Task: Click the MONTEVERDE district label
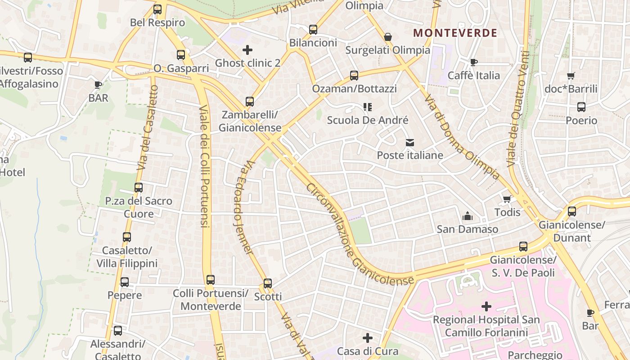point(455,33)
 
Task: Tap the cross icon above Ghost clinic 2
point(247,50)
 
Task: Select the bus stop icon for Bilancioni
point(313,30)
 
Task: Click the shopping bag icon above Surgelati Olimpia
point(388,37)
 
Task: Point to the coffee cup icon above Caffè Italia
point(473,62)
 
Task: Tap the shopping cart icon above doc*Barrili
point(571,76)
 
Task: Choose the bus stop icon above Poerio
point(581,107)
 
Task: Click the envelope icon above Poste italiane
point(410,143)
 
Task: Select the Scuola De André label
point(368,120)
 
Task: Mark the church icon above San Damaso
point(468,216)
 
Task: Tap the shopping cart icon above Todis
point(507,199)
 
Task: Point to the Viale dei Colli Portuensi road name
point(204,166)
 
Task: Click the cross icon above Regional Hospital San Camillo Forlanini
point(486,306)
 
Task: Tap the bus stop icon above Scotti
point(268,283)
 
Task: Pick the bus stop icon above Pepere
point(125,282)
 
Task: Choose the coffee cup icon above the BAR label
point(98,85)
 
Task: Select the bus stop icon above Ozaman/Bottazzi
point(354,76)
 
